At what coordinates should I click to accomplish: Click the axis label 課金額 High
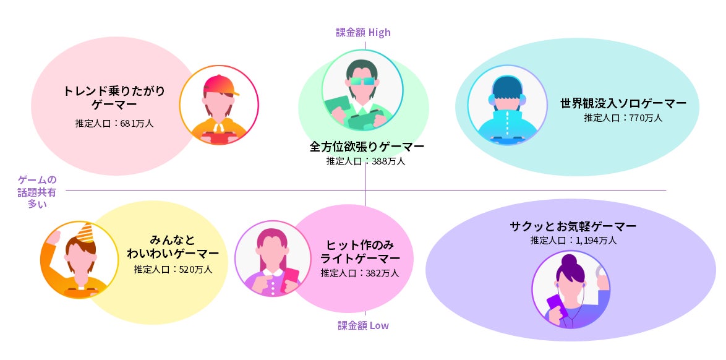click(364, 32)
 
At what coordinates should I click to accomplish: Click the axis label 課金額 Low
click(363, 325)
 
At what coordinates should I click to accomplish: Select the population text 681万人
click(114, 123)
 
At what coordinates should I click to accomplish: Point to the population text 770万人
click(623, 118)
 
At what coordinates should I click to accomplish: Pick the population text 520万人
click(173, 269)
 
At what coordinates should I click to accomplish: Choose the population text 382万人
click(360, 273)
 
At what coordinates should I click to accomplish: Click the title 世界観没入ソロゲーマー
click(623, 103)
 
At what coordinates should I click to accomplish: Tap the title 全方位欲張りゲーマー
click(367, 147)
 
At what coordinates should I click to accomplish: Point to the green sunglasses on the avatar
click(362, 81)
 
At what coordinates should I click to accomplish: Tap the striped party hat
click(84, 233)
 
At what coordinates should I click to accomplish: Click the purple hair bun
click(570, 261)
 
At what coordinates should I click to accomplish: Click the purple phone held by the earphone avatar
click(553, 304)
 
